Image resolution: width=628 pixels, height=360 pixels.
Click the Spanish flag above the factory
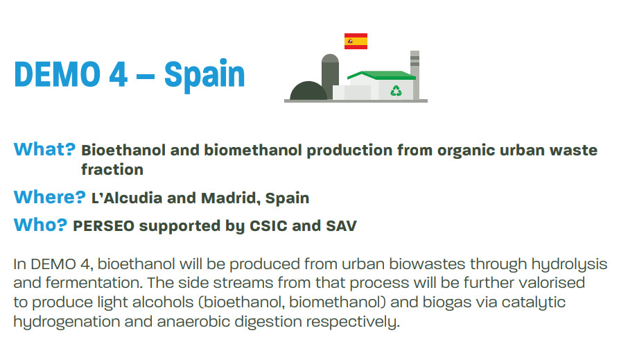tap(356, 42)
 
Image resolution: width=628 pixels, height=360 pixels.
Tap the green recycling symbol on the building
tap(396, 91)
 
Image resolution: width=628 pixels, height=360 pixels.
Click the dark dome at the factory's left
tap(308, 91)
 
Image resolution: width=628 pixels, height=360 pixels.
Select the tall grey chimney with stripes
tap(415, 75)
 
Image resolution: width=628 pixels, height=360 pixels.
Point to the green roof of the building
tap(382, 76)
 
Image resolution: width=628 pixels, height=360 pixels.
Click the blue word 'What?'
tap(44, 150)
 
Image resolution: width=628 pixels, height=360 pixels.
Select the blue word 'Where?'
tap(50, 197)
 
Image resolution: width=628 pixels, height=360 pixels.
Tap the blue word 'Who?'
tap(40, 225)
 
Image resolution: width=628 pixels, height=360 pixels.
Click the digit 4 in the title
tap(118, 74)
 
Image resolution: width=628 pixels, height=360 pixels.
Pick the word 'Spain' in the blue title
tap(204, 76)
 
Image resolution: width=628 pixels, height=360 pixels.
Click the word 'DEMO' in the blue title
tap(58, 74)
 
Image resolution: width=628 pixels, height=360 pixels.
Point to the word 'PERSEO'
tap(103, 226)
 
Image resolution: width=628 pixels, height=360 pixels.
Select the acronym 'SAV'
tap(341, 226)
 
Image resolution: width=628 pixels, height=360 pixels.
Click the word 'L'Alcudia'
tap(127, 198)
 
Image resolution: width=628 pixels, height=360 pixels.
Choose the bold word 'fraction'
tap(112, 169)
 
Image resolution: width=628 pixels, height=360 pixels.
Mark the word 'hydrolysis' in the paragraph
tap(569, 264)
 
